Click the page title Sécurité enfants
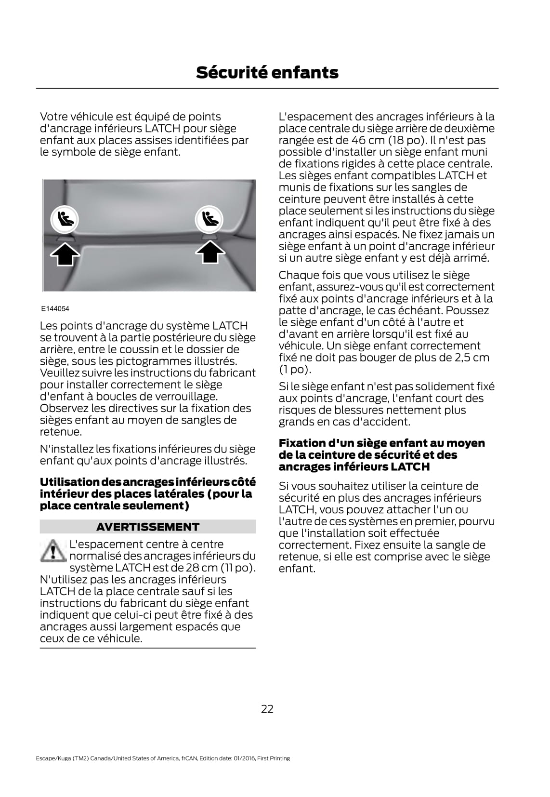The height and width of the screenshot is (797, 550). tap(267, 73)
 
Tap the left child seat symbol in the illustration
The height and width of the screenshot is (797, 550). tap(65, 220)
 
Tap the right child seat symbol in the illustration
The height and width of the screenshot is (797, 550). tap(209, 220)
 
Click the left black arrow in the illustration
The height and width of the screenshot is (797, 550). tap(65, 253)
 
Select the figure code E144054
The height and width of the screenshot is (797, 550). tap(55, 308)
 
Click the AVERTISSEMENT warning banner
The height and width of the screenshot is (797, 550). tap(147, 527)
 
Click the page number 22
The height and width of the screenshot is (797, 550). tap(267, 709)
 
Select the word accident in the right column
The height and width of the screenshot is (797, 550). tap(390, 422)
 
